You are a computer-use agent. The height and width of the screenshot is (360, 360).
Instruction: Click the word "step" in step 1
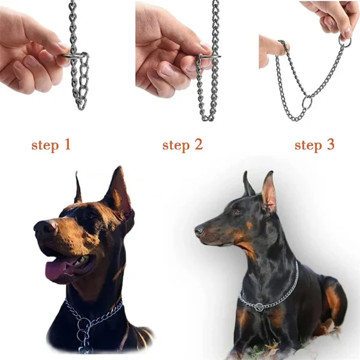tap(44, 145)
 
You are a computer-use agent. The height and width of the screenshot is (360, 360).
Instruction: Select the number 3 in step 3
tap(329, 145)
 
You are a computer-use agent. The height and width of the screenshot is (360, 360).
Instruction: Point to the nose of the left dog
tap(42, 228)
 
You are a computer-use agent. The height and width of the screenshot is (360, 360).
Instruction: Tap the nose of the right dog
tap(199, 230)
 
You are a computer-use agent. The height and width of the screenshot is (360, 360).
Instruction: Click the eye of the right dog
tap(236, 212)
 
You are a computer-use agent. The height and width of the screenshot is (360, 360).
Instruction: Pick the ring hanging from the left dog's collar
tap(84, 326)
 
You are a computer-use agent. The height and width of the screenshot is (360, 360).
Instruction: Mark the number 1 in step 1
tap(67, 145)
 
